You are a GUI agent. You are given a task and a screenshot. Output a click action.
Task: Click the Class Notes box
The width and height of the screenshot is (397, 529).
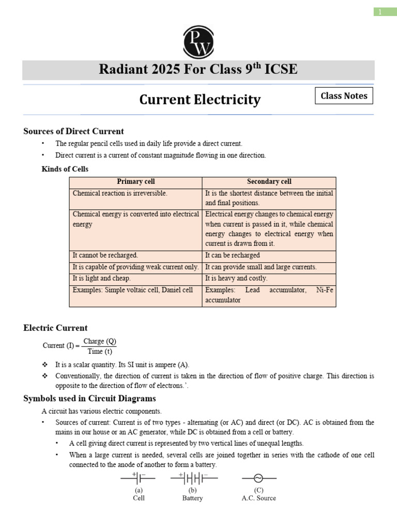[344, 96]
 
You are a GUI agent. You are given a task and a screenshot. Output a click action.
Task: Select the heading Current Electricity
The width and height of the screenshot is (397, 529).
[200, 99]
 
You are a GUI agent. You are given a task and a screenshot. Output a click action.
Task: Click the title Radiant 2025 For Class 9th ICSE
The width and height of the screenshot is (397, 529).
[198, 69]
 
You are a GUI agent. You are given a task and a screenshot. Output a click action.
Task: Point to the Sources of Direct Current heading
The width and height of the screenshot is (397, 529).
[73, 131]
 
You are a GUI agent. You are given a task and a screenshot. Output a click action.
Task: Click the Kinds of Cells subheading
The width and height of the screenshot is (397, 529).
[65, 169]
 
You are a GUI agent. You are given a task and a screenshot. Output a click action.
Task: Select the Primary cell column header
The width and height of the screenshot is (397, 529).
[135, 182]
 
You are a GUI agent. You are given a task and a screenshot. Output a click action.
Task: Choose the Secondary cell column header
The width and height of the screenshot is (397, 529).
[269, 182]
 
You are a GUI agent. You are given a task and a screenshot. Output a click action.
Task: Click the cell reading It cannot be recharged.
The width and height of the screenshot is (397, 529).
[105, 255]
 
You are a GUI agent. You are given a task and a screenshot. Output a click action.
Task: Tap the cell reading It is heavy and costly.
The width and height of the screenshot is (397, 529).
[236, 278]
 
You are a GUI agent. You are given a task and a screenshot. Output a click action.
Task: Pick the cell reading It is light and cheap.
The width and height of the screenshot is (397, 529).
[102, 278]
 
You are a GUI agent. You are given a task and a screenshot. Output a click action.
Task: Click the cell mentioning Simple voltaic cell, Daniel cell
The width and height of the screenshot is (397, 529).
[133, 290]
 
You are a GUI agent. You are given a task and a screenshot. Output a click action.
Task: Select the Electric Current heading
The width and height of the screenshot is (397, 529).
[55, 328]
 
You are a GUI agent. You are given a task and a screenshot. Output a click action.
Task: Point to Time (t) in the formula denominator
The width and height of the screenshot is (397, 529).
[100, 351]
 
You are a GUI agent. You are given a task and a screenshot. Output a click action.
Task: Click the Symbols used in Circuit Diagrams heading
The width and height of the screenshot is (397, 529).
[89, 398]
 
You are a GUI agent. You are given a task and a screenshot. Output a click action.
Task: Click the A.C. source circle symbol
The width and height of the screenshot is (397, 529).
[258, 478]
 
